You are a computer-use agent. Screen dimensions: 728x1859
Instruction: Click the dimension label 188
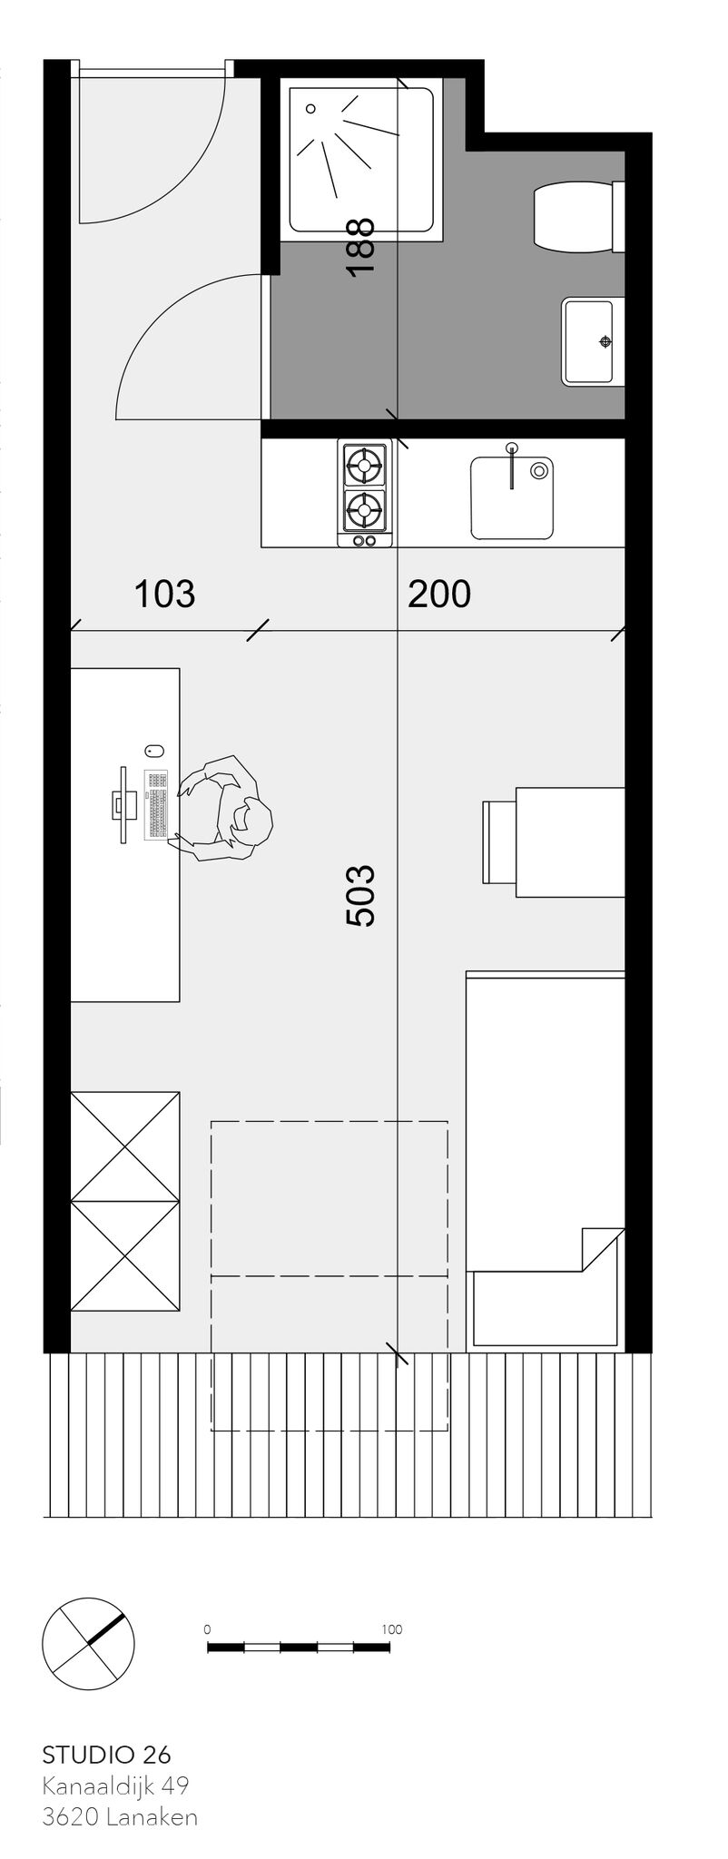[360, 247]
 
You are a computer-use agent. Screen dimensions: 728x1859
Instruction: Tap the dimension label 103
[164, 595]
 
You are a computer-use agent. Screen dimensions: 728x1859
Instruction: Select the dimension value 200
[439, 595]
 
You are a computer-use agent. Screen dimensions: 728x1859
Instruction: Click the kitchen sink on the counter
[512, 497]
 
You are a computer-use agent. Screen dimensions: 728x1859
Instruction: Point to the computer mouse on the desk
[153, 750]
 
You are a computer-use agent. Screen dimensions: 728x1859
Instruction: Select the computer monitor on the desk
[123, 804]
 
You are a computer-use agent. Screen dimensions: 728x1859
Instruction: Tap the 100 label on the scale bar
[391, 1629]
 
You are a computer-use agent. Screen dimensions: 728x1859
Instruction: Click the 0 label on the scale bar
[208, 1629]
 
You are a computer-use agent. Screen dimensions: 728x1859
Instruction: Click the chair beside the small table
[498, 841]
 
